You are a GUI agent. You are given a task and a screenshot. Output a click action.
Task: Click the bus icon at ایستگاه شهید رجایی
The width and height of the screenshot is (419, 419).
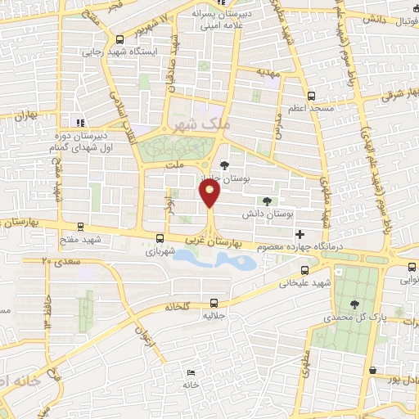click(x=120, y=38)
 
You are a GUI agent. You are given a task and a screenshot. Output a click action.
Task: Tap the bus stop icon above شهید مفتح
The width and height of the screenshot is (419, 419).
click(x=79, y=227)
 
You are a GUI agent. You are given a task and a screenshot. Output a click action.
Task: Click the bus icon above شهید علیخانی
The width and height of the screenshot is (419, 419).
click(x=304, y=270)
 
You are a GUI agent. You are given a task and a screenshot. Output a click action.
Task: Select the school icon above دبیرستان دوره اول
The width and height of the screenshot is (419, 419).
click(x=80, y=124)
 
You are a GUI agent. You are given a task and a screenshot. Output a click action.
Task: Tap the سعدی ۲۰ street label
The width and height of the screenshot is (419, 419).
click(x=57, y=260)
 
